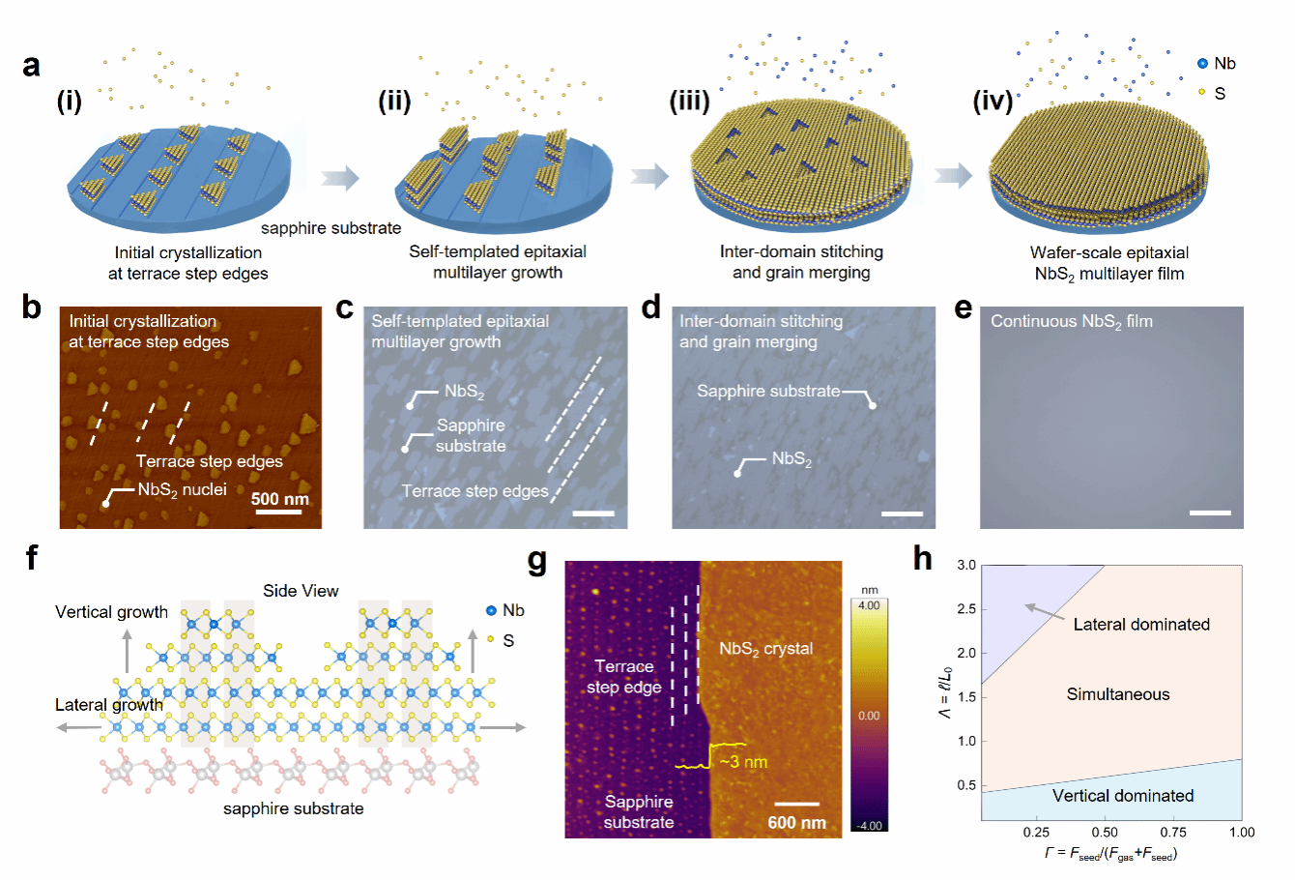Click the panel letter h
click(x=923, y=559)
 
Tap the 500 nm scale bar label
click(x=279, y=500)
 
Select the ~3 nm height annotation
click(x=743, y=762)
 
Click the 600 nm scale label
click(x=796, y=823)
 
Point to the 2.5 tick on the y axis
click(x=964, y=609)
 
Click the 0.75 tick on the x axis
click(x=1173, y=832)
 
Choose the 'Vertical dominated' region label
click(x=1122, y=796)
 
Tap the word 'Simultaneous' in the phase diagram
click(x=1118, y=694)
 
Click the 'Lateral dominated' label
click(x=1141, y=625)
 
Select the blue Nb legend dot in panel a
click(x=1202, y=64)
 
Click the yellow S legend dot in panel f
click(x=491, y=640)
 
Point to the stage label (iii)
click(x=689, y=101)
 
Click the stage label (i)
click(x=70, y=101)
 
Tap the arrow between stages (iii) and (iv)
click(x=953, y=176)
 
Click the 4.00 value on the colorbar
click(x=869, y=605)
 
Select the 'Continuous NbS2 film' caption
click(x=1071, y=322)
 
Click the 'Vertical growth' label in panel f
click(x=111, y=612)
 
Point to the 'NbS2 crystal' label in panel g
click(x=765, y=649)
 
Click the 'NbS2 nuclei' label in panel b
click(x=182, y=490)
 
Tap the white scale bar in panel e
click(x=1210, y=513)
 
